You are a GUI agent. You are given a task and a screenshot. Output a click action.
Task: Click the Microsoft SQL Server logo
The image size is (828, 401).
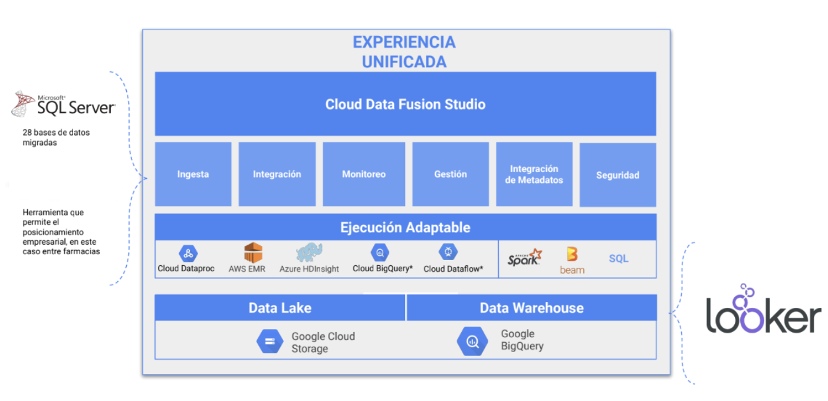point(64,104)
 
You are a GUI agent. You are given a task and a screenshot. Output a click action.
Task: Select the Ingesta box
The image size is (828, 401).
point(193,174)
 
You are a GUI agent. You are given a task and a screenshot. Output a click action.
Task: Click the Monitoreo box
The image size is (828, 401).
point(364,174)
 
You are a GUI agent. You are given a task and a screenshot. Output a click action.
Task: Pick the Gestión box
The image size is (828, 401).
point(450,174)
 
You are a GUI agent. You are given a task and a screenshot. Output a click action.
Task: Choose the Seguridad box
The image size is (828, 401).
point(617,175)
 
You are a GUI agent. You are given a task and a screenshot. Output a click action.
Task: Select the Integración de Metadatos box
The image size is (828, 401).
point(534,174)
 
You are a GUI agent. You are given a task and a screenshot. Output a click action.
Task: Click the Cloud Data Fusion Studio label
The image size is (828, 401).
point(405,104)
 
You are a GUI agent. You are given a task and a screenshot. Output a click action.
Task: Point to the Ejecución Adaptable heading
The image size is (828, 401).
point(405,227)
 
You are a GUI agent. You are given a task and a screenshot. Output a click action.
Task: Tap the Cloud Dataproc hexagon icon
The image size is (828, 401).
point(188,253)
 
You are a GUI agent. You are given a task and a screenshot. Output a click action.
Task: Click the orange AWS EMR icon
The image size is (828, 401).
point(253,253)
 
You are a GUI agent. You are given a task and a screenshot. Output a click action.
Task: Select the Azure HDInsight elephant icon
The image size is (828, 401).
point(309,252)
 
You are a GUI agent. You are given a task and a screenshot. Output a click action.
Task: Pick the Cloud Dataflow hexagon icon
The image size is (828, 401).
point(448,252)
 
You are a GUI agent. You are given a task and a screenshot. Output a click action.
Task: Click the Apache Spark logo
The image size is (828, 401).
point(524,257)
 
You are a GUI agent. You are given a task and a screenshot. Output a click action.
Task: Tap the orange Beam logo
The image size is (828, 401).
point(572,261)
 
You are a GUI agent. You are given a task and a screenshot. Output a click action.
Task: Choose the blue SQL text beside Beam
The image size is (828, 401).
point(619,258)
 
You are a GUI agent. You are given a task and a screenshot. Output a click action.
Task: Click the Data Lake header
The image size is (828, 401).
point(280,307)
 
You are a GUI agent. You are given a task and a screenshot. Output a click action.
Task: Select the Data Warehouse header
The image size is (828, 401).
point(531,307)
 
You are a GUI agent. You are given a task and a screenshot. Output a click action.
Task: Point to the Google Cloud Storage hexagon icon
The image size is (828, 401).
point(270,341)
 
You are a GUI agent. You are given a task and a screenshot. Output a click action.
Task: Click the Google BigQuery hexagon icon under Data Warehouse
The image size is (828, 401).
point(472,341)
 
